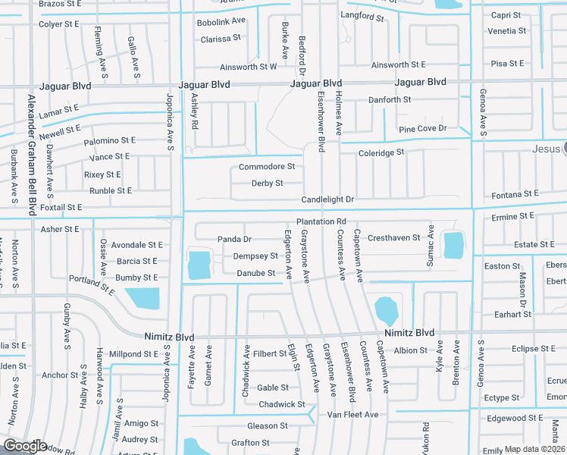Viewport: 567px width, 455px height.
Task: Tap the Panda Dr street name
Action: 234,239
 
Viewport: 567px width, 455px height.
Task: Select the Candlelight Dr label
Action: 327,199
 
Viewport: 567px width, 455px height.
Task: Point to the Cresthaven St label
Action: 393,237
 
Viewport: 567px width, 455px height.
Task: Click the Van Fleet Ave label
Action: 352,415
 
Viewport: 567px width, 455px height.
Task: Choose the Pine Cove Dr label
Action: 422,129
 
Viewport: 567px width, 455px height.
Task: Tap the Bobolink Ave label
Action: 221,21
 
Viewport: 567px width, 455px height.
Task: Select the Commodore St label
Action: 266,167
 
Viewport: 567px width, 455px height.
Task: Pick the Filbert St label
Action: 271,353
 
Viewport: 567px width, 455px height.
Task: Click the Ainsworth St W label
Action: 248,67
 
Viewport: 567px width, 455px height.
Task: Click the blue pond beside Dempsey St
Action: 199,265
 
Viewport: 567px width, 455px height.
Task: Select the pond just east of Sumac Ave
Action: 453,245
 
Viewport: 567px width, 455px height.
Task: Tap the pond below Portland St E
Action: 142,298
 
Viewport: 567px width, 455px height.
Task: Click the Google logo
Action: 25,446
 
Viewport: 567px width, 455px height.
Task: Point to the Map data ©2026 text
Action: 534,449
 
